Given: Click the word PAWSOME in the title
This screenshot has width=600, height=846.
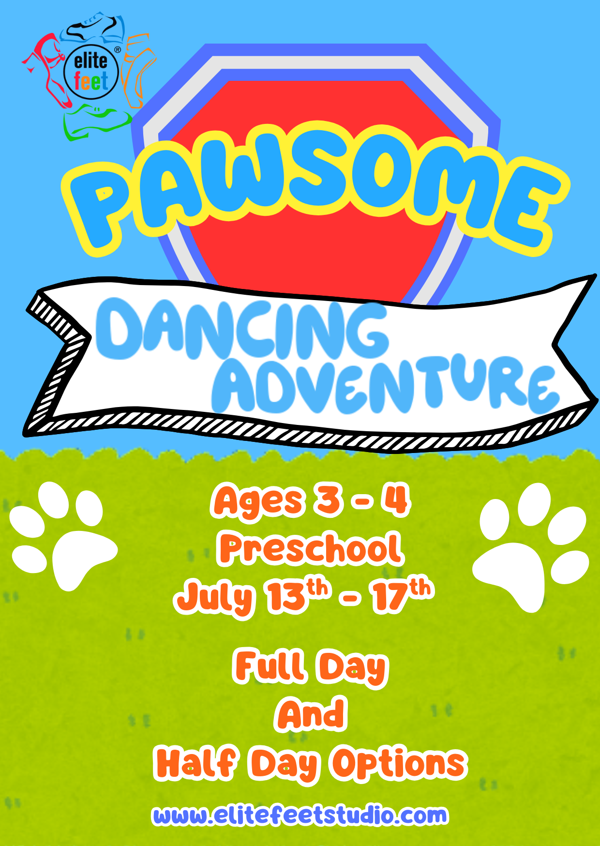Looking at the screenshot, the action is pos(315,194).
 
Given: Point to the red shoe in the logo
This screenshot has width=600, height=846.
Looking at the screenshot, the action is pos(48,68).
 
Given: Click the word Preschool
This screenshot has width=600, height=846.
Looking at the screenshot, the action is pos(310,549).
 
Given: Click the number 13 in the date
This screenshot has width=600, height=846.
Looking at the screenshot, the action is pos(285,596).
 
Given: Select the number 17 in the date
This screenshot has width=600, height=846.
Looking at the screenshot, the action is pos(390,596).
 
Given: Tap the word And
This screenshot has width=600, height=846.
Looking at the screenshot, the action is pos(312,714).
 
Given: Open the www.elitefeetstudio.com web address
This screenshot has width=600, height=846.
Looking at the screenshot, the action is pos(300,816).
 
